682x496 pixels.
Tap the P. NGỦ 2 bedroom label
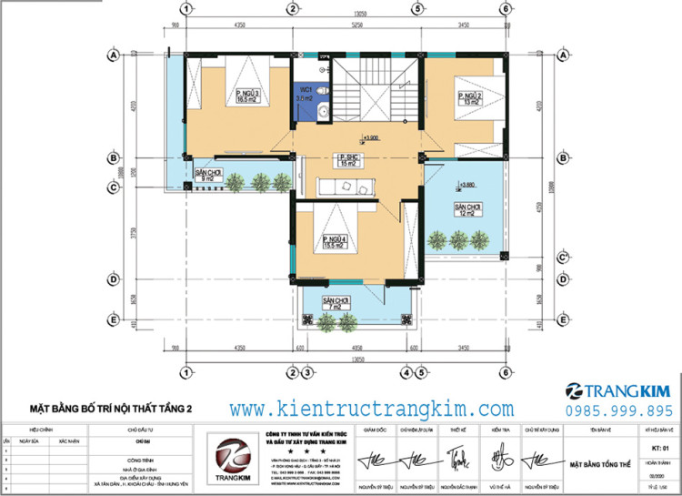tap(469, 99)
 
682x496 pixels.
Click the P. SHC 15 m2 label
tap(346, 160)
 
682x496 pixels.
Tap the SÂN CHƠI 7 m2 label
tap(336, 304)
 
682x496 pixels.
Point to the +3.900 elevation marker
tap(372, 138)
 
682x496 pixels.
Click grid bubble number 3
tap(309, 372)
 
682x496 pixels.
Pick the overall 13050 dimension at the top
tap(347, 15)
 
